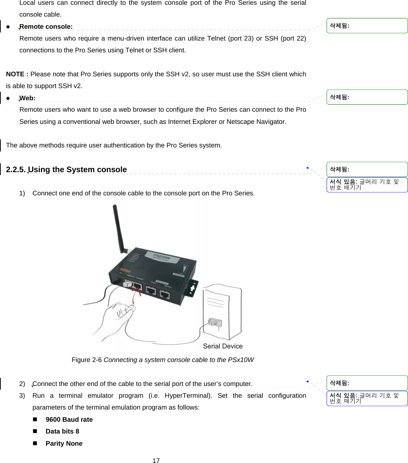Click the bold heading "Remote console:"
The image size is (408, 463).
[46, 27]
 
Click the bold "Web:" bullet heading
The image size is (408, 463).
[27, 98]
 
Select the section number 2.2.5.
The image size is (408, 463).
[16, 170]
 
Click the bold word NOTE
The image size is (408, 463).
[15, 74]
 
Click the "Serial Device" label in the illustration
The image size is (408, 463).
[222, 346]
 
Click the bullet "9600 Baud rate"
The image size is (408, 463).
[69, 420]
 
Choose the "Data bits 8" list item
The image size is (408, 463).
[62, 431]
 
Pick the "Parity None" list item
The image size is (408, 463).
[64, 443]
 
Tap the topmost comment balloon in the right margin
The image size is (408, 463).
[367, 26]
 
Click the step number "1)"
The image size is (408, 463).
[22, 193]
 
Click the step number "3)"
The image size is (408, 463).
[22, 396]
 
